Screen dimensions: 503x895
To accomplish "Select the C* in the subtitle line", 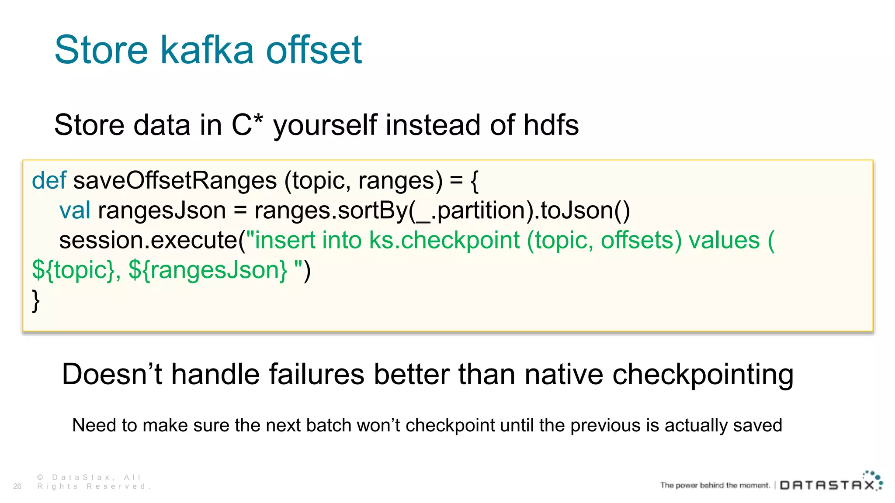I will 247,124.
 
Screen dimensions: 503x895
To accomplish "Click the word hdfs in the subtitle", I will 551,124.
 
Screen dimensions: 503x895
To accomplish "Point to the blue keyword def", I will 49,180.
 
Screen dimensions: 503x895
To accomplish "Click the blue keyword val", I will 75,210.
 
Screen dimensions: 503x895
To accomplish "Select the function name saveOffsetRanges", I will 175,180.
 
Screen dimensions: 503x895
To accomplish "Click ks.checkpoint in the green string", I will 444,240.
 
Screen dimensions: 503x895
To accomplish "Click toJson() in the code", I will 585,210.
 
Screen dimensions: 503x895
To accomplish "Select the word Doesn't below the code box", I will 112,374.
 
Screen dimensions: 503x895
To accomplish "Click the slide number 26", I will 17,486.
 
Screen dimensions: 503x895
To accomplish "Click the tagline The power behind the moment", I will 715,485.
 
